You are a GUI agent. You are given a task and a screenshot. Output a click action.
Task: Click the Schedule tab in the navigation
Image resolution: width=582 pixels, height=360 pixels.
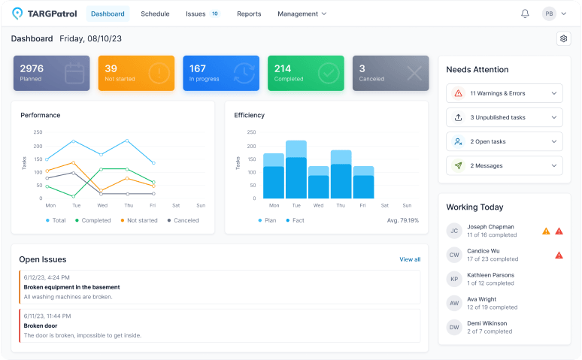click(x=155, y=14)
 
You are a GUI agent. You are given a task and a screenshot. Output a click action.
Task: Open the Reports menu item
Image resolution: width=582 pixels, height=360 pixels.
click(x=249, y=14)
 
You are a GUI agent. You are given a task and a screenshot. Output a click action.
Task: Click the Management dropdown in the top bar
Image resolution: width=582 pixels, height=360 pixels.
click(x=302, y=14)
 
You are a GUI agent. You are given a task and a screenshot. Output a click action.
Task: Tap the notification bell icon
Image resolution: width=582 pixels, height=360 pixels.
click(x=525, y=14)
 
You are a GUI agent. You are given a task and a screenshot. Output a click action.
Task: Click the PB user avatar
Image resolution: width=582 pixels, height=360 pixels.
click(x=549, y=14)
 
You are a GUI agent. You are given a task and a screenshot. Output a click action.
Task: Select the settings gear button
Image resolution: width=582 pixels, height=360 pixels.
click(x=563, y=38)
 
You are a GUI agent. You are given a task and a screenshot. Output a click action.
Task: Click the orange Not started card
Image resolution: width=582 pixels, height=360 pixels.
click(x=136, y=73)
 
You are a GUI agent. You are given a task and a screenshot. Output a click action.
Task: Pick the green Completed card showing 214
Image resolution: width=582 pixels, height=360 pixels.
click(x=306, y=73)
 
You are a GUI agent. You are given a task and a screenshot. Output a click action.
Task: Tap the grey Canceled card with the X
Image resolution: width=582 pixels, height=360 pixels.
click(x=391, y=73)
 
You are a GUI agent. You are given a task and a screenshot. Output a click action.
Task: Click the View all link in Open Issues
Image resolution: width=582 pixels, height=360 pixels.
click(x=410, y=259)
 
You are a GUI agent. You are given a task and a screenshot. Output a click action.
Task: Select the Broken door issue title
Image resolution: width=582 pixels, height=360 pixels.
click(x=40, y=326)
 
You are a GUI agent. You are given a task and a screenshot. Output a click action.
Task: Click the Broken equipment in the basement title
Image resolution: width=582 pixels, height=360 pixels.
click(x=72, y=287)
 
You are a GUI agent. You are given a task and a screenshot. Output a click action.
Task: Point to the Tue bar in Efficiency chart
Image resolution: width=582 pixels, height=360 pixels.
click(x=296, y=170)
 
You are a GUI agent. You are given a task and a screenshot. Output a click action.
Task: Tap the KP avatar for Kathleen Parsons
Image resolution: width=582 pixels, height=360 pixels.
click(x=454, y=279)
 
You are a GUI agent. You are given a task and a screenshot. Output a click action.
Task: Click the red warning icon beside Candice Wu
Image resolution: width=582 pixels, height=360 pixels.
click(x=559, y=255)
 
